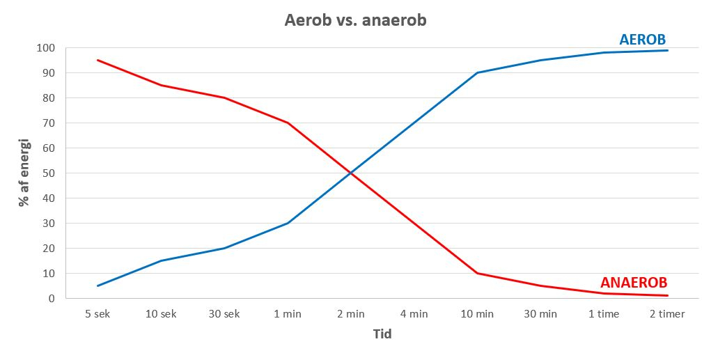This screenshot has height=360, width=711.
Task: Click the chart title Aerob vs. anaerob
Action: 355,20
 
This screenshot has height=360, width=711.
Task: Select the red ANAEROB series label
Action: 634,283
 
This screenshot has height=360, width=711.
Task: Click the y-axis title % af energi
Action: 24,173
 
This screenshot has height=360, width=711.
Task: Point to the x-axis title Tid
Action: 382,334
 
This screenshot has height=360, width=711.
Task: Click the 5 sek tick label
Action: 97,314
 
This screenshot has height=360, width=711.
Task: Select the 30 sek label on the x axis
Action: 224,314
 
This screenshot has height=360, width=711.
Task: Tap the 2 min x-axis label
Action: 351,314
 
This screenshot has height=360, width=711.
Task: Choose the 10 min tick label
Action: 477,314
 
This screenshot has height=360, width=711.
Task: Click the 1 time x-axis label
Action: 604,314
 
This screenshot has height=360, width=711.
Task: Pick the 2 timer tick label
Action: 667,314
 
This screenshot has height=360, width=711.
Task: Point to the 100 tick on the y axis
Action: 46,48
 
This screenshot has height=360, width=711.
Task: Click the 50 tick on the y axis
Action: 49,173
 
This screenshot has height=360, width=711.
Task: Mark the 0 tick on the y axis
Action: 52,299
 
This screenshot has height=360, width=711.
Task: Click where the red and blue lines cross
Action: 351,173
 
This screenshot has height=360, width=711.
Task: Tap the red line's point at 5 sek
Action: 97,60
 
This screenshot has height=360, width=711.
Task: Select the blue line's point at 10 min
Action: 477,72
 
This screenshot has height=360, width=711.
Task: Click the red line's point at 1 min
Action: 288,123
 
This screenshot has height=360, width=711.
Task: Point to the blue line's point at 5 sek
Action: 97,285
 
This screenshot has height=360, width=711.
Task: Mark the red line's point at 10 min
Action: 477,273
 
